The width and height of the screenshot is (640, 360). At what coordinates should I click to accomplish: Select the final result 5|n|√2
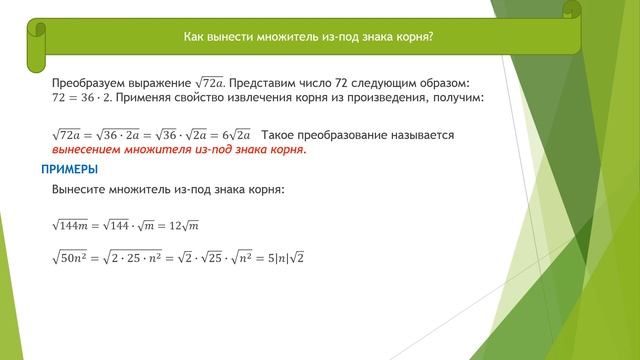pos(283,258)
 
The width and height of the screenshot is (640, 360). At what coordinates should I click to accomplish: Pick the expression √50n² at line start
pos(71,258)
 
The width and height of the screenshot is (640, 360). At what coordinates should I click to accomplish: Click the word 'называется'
pos(419,134)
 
